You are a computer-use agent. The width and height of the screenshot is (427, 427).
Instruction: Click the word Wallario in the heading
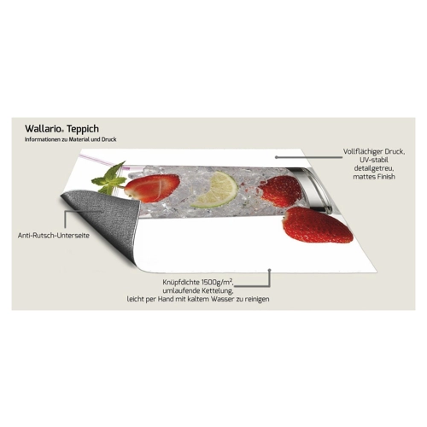43,129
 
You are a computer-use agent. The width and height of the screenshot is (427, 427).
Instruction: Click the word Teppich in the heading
84,129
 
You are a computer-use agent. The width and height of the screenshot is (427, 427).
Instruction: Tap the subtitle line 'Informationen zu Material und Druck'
71,140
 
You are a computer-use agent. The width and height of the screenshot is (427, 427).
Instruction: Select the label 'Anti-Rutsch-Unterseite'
54,236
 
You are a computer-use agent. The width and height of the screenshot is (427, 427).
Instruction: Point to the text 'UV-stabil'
374,160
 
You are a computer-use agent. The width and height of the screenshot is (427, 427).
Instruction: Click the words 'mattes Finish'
374,177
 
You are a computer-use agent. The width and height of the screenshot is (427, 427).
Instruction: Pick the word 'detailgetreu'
374,168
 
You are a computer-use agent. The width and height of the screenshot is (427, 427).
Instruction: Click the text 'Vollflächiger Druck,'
374,152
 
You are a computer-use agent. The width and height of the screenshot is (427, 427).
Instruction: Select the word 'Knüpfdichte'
181,283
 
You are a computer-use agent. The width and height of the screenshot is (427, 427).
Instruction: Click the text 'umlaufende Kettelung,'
198,291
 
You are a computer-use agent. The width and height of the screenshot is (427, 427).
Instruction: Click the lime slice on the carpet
216,190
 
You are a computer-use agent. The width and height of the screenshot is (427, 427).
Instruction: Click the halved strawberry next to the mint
152,187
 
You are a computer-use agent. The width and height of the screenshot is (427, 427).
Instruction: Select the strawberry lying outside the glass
318,225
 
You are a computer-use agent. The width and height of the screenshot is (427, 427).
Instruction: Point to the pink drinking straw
100,161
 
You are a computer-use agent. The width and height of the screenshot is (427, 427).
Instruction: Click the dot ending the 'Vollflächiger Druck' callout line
276,156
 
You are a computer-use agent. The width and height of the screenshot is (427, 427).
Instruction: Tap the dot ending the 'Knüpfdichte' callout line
270,270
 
